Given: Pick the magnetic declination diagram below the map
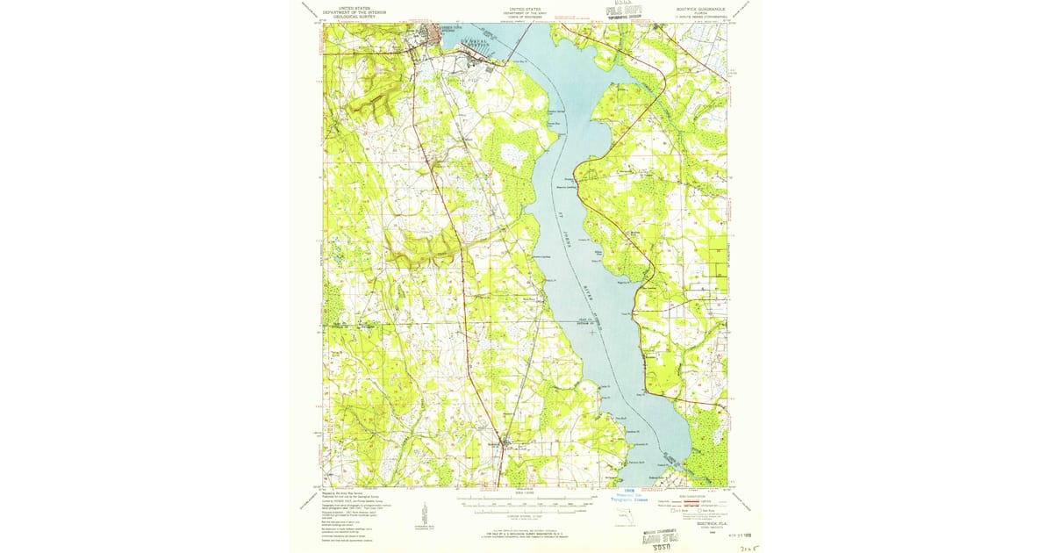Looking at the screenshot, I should [x=425, y=514].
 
